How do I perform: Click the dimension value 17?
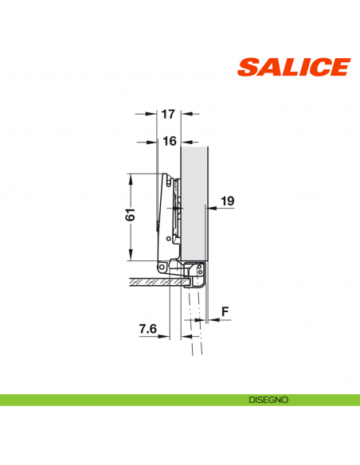(x=167, y=115)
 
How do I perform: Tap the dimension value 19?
(x=226, y=203)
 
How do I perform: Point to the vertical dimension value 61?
(x=131, y=215)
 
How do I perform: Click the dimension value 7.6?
(x=147, y=327)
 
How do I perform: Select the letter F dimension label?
(x=225, y=311)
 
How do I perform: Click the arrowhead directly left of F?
(x=210, y=320)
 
